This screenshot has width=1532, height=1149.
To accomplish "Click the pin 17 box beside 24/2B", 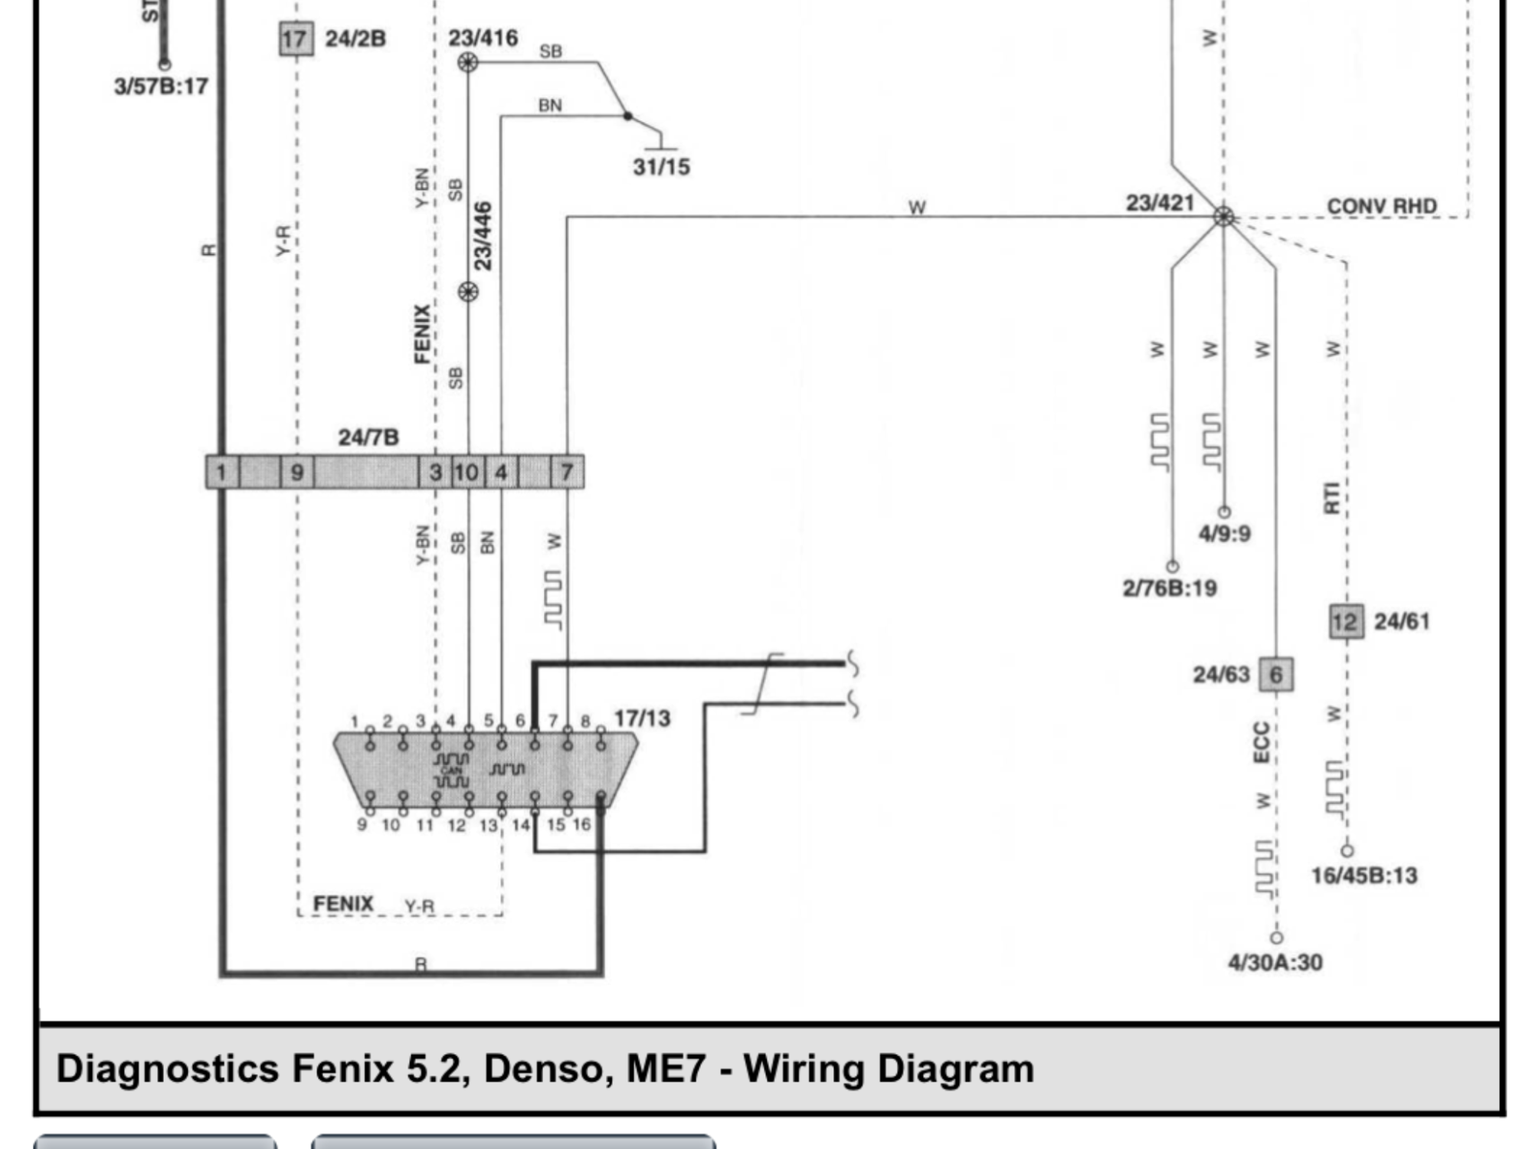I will pyautogui.click(x=295, y=38).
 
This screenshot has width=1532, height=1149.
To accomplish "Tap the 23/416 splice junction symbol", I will pyautogui.click(x=468, y=62).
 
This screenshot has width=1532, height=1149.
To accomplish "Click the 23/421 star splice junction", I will pyautogui.click(x=1223, y=217).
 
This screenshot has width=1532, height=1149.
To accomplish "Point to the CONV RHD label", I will pyautogui.click(x=1381, y=206).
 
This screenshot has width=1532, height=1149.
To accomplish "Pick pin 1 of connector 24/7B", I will pyautogui.click(x=221, y=472).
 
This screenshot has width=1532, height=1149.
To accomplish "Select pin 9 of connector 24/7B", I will pyautogui.click(x=297, y=472).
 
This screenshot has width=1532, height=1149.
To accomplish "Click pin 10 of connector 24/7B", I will pyautogui.click(x=466, y=472).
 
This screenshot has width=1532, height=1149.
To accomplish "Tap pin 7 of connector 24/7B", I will pyautogui.click(x=567, y=472).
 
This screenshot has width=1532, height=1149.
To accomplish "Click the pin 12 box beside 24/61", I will pyautogui.click(x=1345, y=621).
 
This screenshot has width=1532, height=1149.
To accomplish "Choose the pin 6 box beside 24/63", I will pyautogui.click(x=1276, y=675).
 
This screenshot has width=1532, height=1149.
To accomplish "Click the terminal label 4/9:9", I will pyautogui.click(x=1224, y=533).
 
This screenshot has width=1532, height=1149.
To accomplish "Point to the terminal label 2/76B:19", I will pyautogui.click(x=1170, y=588).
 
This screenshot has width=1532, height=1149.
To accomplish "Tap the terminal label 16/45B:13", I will pyautogui.click(x=1364, y=876).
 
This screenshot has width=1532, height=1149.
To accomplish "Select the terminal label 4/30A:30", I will pyautogui.click(x=1275, y=962).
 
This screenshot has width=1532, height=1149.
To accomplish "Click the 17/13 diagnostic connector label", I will pyautogui.click(x=642, y=719).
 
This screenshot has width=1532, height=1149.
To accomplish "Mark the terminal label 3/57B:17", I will pyautogui.click(x=161, y=86).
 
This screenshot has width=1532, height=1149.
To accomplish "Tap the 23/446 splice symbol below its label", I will pyautogui.click(x=468, y=292).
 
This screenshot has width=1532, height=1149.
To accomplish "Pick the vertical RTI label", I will pyautogui.click(x=1331, y=498).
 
